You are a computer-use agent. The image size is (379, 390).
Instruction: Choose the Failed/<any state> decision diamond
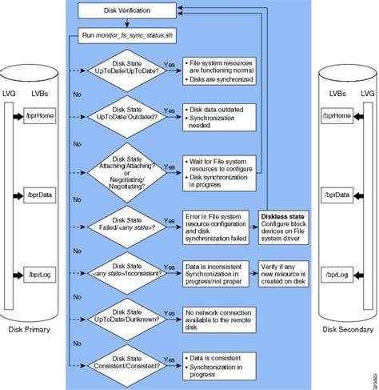pyautogui.click(x=126, y=223)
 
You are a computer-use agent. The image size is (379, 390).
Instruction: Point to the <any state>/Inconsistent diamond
pyautogui.click(x=126, y=272)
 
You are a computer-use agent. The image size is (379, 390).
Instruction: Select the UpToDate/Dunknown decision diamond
pyautogui.click(x=126, y=315)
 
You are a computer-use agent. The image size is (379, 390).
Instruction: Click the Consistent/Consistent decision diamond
pyautogui.click(x=126, y=361)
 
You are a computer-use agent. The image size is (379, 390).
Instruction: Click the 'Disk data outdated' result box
pyautogui.click(x=219, y=117)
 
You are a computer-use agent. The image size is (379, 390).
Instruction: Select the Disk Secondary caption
pyautogui.click(x=346, y=329)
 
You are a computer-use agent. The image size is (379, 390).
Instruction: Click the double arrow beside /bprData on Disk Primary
pyautogui.click(x=22, y=195)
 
